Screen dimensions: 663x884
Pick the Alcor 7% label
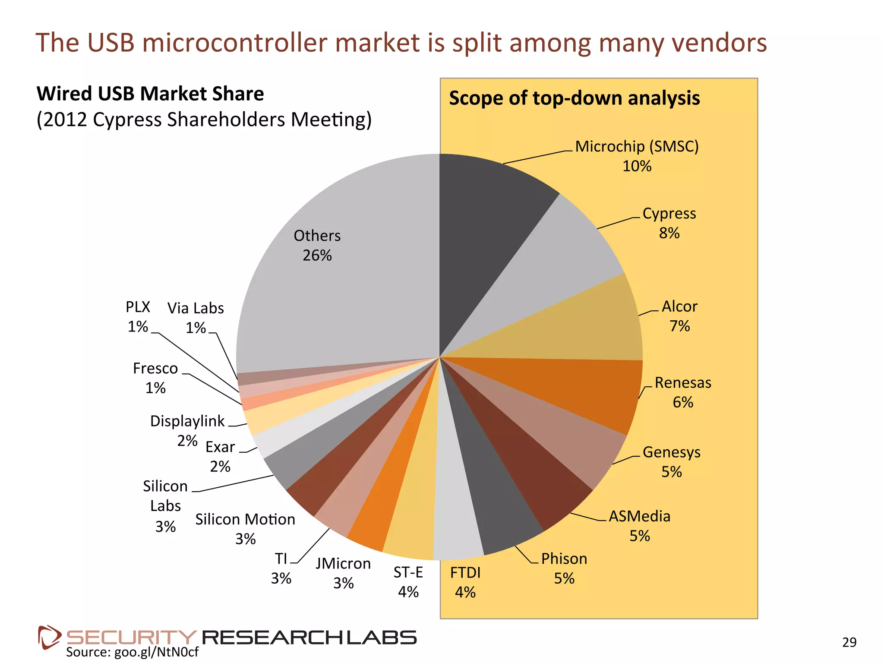click(x=679, y=316)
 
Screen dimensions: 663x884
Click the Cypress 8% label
click(x=669, y=223)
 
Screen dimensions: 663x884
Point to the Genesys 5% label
click(x=671, y=462)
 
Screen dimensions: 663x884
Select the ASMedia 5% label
click(x=639, y=526)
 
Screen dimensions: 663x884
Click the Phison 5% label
click(x=564, y=568)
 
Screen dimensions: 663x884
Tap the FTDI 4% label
click(x=465, y=582)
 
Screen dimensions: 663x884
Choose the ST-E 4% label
click(x=408, y=582)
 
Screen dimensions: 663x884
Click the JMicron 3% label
click(x=343, y=573)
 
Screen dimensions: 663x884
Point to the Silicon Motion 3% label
click(x=245, y=529)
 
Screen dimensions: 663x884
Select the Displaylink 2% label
click(x=187, y=430)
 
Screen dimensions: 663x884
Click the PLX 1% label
click(x=138, y=316)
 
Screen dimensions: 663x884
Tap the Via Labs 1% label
click(x=196, y=318)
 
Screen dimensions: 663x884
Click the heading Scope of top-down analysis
click(x=574, y=98)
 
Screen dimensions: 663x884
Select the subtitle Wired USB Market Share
click(x=150, y=94)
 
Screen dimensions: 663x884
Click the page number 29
click(x=849, y=642)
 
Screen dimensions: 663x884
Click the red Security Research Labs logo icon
click(x=49, y=637)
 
